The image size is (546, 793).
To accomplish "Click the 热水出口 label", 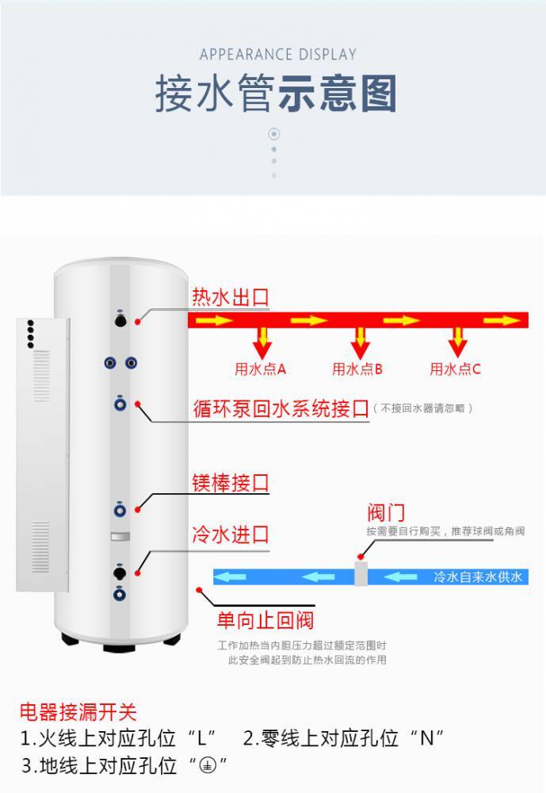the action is click(x=230, y=297).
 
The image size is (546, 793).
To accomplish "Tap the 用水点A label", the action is click(x=261, y=370).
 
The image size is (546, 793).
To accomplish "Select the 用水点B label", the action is click(x=357, y=370).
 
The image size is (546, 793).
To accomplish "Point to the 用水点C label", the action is click(x=455, y=370).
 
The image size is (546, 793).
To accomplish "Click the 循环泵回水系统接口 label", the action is click(x=281, y=408).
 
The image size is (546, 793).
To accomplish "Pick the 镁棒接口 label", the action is click(x=230, y=483).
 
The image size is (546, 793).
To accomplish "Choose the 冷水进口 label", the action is click(x=230, y=534).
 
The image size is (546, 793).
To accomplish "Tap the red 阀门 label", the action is click(x=386, y=513).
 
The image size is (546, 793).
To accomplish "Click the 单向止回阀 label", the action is click(x=265, y=621).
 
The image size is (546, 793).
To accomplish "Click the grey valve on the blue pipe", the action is click(x=361, y=574).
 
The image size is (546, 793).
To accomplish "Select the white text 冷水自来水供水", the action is click(x=478, y=577).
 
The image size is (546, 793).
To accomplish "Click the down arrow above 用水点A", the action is click(x=262, y=343).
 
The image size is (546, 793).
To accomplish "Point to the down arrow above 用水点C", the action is click(x=457, y=343).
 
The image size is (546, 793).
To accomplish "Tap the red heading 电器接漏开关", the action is click(x=78, y=711).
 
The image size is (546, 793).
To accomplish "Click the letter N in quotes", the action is click(x=427, y=739).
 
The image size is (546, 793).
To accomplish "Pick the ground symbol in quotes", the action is click(x=207, y=766).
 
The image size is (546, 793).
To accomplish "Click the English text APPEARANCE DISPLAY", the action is click(x=278, y=54).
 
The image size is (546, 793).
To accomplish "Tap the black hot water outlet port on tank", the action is click(x=120, y=320).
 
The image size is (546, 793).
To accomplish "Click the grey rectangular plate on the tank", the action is click(x=120, y=537).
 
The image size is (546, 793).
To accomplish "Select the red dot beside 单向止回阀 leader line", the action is click(x=200, y=590).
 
